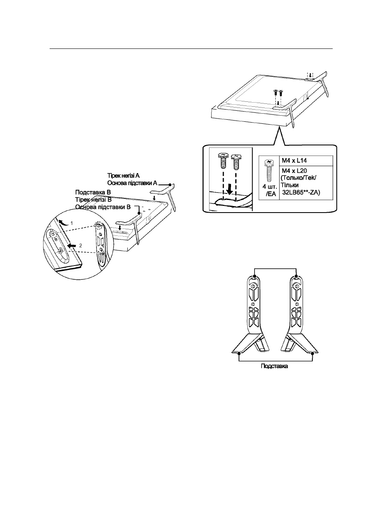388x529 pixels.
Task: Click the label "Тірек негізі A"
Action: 123,176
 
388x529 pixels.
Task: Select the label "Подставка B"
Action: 93,192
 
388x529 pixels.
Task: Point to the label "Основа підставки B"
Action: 103,207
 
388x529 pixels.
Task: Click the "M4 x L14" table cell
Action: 306,160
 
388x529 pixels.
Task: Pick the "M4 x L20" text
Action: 294,170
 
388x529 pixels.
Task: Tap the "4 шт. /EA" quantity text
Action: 270,190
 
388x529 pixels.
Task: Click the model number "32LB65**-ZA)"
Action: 301,192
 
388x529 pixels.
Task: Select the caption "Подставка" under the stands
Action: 274,366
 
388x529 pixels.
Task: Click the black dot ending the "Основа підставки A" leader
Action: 170,184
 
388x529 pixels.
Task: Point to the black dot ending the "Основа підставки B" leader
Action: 139,213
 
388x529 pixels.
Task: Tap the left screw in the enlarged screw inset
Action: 223,160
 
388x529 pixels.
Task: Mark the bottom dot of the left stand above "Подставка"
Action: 239,353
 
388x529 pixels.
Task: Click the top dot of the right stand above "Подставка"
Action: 296,276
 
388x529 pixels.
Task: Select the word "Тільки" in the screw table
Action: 290,185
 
